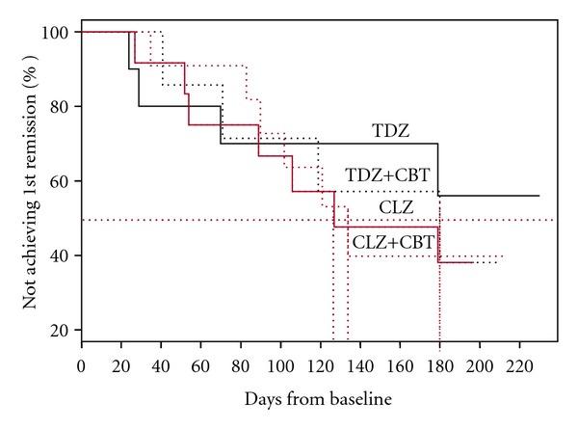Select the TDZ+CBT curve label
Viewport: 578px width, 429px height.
(x=387, y=175)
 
